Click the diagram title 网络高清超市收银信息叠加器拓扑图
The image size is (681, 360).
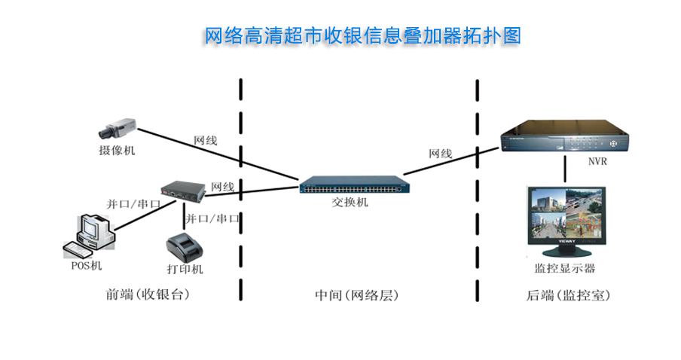click(363, 35)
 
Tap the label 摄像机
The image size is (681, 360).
click(117, 150)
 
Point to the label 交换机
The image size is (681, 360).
click(350, 203)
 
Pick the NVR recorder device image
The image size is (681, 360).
click(565, 138)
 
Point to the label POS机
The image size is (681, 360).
click(87, 265)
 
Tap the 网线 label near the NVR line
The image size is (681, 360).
click(441, 154)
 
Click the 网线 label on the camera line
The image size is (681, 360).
click(206, 140)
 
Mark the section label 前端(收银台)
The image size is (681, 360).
click(148, 295)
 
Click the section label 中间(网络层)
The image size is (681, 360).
click(356, 295)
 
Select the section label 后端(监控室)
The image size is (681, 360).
click(568, 295)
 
